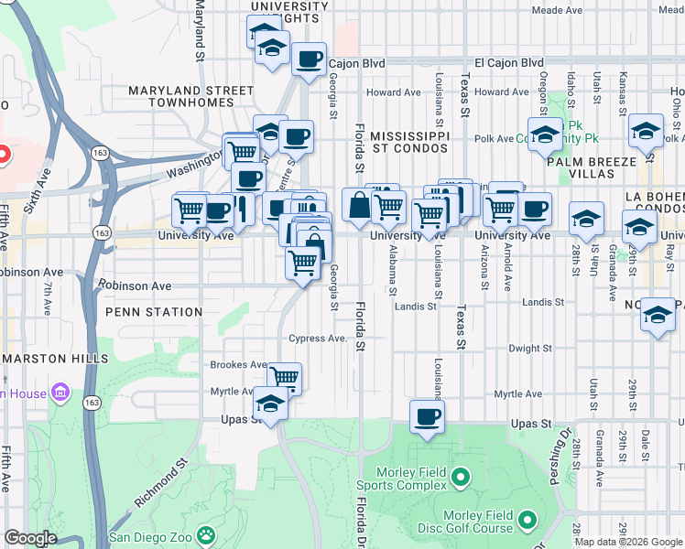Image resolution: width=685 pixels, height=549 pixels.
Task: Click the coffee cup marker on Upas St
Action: tap(427, 417)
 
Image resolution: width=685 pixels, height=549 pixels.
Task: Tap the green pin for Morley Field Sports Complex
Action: tap(461, 477)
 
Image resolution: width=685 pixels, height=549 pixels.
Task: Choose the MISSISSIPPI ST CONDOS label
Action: tap(409, 141)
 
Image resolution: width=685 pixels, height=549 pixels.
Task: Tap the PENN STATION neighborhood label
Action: tap(154, 312)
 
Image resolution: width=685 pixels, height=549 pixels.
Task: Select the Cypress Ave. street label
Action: tap(318, 339)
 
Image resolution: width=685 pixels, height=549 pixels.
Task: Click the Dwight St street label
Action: tap(529, 349)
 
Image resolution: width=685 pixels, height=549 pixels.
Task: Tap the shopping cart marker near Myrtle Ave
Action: tap(285, 376)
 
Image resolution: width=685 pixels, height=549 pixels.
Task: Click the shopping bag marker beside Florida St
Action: tap(358, 205)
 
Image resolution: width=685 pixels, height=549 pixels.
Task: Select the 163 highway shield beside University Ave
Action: tap(103, 233)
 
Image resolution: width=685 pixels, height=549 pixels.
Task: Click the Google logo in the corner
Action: tap(29, 538)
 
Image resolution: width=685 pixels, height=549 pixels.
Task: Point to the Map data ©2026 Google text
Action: tap(628, 542)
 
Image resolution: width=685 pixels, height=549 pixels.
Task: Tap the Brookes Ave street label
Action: tap(237, 364)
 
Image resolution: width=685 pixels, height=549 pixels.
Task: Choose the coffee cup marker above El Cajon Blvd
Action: tap(309, 59)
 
